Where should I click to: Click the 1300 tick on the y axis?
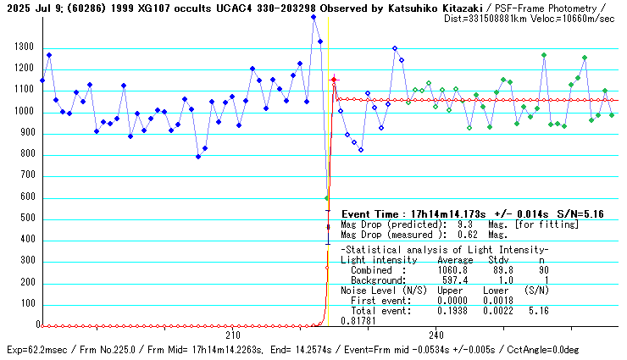23,48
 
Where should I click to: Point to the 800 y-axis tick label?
25,154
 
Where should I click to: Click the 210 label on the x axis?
231,335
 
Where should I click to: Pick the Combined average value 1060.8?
453,270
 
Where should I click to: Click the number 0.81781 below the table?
357,321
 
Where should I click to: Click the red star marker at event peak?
334,80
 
